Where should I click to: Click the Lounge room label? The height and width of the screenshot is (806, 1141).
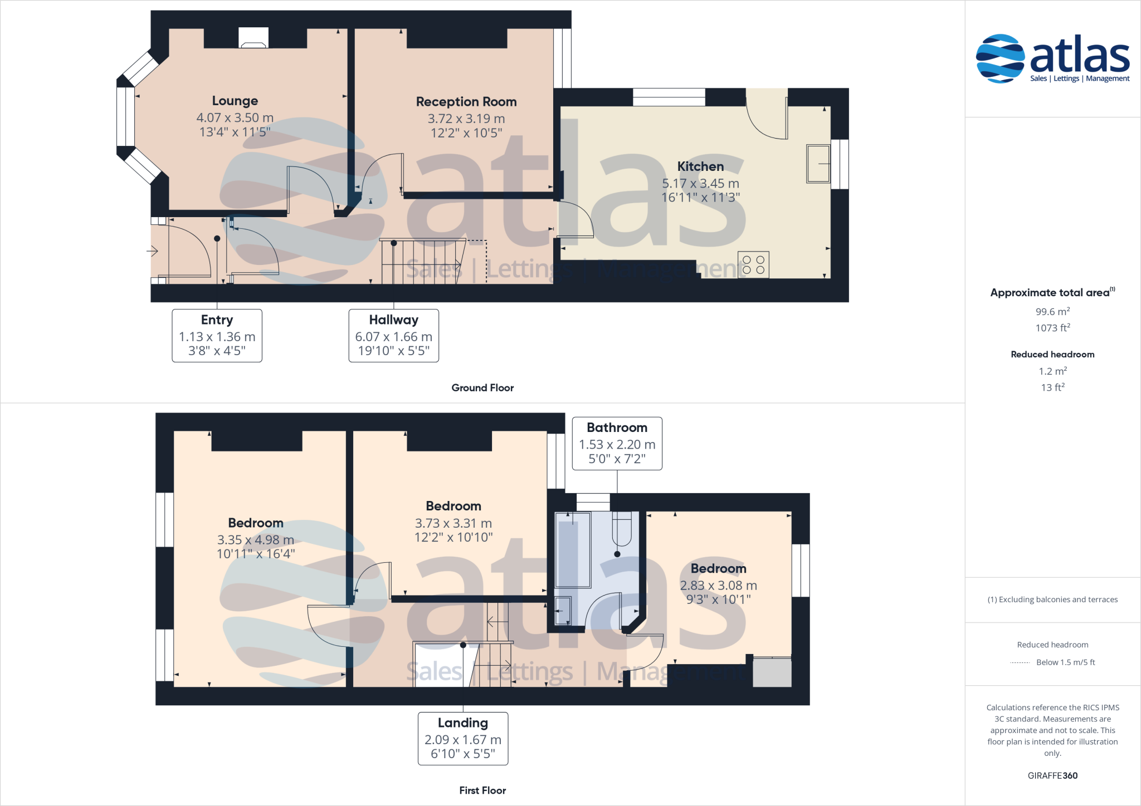(235, 101)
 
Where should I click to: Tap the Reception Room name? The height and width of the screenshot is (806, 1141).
(466, 102)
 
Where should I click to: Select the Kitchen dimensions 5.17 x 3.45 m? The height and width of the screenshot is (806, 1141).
(700, 183)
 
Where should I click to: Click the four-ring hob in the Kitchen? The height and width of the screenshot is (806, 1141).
(753, 264)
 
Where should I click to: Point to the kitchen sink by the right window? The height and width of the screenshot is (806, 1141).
(818, 164)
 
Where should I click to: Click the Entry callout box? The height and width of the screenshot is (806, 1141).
(217, 335)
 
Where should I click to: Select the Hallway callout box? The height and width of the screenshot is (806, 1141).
(393, 335)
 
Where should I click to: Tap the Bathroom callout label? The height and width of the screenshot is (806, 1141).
(617, 427)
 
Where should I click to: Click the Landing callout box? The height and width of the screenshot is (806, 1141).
(462, 738)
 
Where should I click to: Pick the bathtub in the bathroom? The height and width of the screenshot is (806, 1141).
(573, 550)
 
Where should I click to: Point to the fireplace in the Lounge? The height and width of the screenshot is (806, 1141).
(253, 38)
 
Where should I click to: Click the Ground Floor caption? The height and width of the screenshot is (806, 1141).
(482, 388)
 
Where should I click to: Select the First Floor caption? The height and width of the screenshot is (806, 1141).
(482, 790)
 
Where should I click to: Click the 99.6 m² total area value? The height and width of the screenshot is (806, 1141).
(1052, 312)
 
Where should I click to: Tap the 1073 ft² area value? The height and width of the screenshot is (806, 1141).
(1052, 328)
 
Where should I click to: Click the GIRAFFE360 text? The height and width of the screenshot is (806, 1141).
(1052, 775)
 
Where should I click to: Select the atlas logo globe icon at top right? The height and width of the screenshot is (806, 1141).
(1000, 58)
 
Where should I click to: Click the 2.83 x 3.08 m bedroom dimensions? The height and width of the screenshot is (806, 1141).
(718, 586)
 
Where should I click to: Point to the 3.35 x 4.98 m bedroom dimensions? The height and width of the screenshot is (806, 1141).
(256, 540)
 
